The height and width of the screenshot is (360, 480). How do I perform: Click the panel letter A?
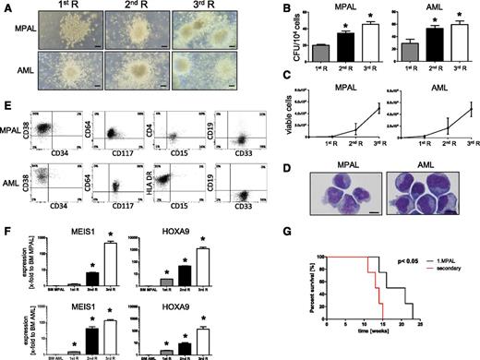(x=7, y=7)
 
